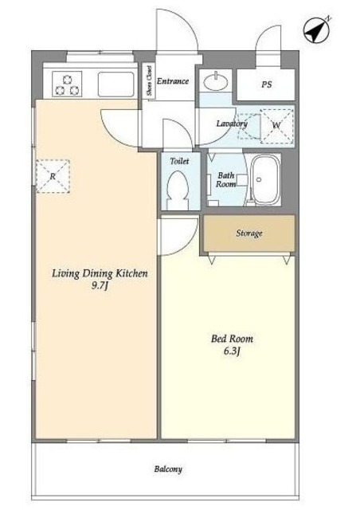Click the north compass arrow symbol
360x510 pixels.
point(316,29)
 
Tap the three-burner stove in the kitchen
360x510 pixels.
point(67,84)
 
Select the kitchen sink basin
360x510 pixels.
point(115,84)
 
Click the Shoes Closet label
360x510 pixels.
point(150,81)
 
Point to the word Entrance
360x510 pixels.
point(173,81)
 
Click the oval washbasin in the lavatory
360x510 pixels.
point(215,81)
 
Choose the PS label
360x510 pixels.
point(266,84)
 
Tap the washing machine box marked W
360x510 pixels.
point(276,126)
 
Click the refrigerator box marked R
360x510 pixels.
point(53,176)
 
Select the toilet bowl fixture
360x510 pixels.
point(178,190)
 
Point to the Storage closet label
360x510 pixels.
point(249,233)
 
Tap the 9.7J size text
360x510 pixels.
point(100,286)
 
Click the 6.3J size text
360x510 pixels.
point(232,351)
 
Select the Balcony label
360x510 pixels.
point(168,469)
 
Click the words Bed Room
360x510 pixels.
point(232,339)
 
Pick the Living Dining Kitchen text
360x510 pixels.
point(100,273)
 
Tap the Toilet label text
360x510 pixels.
point(179,161)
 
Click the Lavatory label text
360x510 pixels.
point(232,124)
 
